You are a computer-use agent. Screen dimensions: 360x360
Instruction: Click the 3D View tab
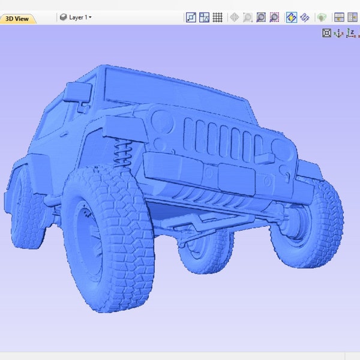[17, 18]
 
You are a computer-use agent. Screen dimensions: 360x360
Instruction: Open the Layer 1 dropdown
[76, 17]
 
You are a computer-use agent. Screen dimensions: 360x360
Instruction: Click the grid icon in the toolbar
[218, 17]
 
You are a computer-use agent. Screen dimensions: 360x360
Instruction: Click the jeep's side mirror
[78, 92]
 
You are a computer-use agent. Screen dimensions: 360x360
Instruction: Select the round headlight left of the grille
[162, 121]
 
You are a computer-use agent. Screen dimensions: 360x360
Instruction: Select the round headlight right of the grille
[280, 147]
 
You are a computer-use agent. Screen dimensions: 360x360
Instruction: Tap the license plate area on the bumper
[235, 177]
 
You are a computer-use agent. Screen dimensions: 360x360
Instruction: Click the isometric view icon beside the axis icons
[326, 33]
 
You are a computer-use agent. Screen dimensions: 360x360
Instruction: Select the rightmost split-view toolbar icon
[353, 17]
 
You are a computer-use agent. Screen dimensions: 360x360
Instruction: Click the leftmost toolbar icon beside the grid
[191, 17]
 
